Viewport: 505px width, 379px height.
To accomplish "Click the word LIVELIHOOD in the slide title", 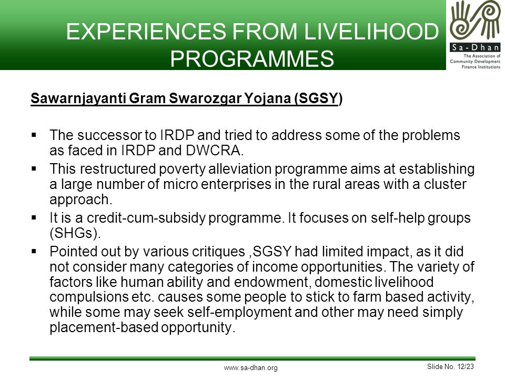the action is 371,31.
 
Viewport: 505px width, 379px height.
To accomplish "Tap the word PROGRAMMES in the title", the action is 252,58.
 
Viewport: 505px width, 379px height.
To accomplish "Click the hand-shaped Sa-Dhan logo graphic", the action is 475,22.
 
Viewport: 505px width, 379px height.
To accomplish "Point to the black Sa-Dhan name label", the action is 475,48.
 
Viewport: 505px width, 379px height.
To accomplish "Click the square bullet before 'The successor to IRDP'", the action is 34,135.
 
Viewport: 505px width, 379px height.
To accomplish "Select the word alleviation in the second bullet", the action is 240,169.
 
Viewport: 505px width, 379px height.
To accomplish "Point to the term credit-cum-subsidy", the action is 146,218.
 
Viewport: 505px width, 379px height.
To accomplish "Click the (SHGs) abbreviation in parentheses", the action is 75,233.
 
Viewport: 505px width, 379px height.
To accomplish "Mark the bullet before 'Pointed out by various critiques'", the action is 34,251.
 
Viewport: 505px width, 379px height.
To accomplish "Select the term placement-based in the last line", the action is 104,327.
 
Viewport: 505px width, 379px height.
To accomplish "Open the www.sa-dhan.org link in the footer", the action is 250,368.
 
